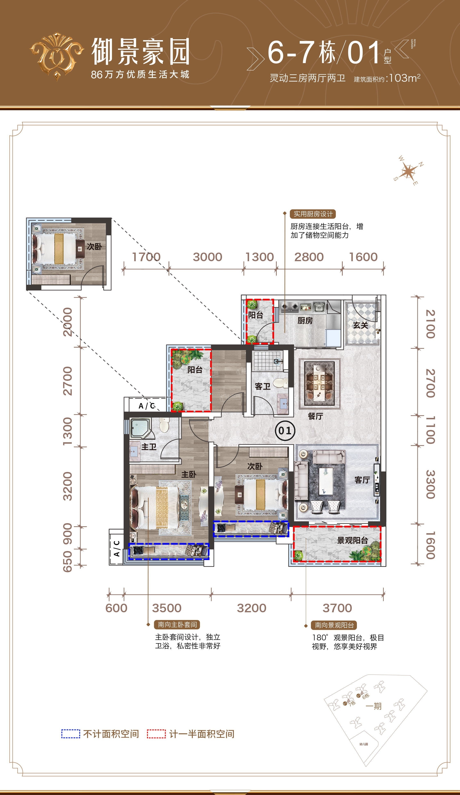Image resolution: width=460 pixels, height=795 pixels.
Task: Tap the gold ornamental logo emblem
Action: coord(57,56)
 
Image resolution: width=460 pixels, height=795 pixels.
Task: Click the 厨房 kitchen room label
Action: coord(305,321)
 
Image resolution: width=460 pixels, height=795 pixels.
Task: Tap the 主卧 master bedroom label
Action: coord(189,474)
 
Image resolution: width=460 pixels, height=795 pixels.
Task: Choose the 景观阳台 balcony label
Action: coord(352,540)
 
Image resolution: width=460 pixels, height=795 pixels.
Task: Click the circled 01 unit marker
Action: coord(285,431)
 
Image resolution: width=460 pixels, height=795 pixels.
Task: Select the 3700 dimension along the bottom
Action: coord(337,608)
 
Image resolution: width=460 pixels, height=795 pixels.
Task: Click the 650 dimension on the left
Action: coord(68,561)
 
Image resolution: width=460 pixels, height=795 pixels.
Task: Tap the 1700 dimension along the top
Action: coord(146,257)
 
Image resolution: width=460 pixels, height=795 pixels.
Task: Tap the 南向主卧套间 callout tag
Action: coord(177,625)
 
